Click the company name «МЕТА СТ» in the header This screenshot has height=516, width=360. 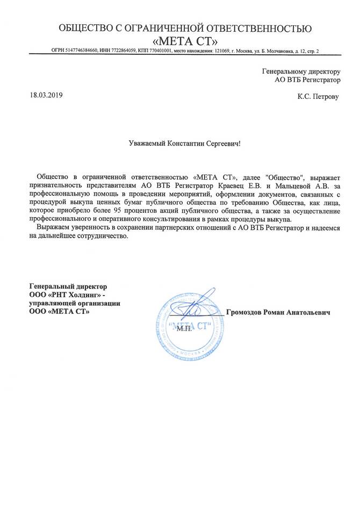[185, 41]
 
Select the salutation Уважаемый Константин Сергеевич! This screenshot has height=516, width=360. [185, 144]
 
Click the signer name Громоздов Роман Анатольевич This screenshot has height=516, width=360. [278, 312]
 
